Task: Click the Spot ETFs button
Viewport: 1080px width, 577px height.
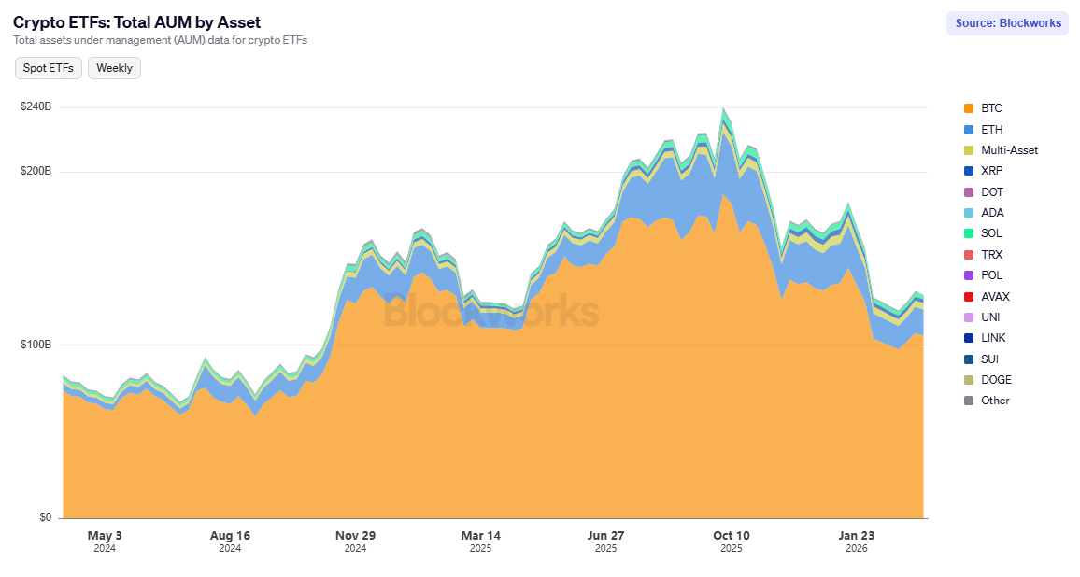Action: pyautogui.click(x=49, y=68)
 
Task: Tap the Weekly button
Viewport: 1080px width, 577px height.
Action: pyautogui.click(x=114, y=68)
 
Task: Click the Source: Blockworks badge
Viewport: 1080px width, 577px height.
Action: pyautogui.click(x=1008, y=23)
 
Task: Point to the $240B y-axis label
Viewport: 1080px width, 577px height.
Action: pyautogui.click(x=36, y=107)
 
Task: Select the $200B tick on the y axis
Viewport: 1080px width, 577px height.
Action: pyautogui.click(x=36, y=172)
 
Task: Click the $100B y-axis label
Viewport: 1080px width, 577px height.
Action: pyautogui.click(x=36, y=345)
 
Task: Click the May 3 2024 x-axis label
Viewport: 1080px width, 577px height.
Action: pyautogui.click(x=105, y=542)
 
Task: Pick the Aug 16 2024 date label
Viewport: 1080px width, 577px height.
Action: pyautogui.click(x=230, y=542)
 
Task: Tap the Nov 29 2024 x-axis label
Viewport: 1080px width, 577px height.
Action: pyautogui.click(x=355, y=542)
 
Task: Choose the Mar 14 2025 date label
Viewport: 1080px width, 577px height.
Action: pyautogui.click(x=480, y=542)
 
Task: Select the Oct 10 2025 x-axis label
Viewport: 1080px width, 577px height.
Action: pyautogui.click(x=731, y=542)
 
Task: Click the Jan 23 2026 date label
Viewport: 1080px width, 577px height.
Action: pyautogui.click(x=856, y=542)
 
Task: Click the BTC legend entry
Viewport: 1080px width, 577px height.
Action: pyautogui.click(x=990, y=108)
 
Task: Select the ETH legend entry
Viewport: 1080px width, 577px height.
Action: pyautogui.click(x=990, y=130)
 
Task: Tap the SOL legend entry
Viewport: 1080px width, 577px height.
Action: pyautogui.click(x=990, y=233)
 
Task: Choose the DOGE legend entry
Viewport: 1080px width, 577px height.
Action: pyautogui.click(x=995, y=380)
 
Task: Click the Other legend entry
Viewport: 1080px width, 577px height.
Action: pyautogui.click(x=994, y=401)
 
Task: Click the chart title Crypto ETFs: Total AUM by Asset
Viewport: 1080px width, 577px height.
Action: pyautogui.click(x=137, y=21)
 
